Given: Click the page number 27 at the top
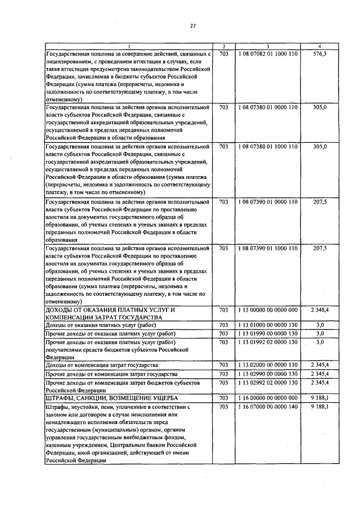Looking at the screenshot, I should point(192,25).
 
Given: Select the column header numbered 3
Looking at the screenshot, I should point(268,46).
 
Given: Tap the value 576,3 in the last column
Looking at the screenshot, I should point(318,54).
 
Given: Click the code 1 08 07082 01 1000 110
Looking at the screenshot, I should point(268,54).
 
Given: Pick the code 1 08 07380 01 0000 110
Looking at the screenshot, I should point(268,106).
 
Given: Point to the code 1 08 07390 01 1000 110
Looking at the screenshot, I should point(268,247).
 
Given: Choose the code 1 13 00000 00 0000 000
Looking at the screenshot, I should point(268,310).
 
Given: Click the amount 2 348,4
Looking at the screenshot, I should point(318,310).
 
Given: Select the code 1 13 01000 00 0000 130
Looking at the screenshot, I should point(268,325).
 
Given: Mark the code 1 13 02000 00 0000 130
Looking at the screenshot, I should point(268,365).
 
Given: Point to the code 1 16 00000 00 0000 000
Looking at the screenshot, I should point(268,398).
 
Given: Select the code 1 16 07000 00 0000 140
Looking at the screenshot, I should point(268,406).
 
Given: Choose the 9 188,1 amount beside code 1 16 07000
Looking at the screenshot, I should point(318,406).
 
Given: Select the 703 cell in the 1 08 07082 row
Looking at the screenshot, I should point(223,54).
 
